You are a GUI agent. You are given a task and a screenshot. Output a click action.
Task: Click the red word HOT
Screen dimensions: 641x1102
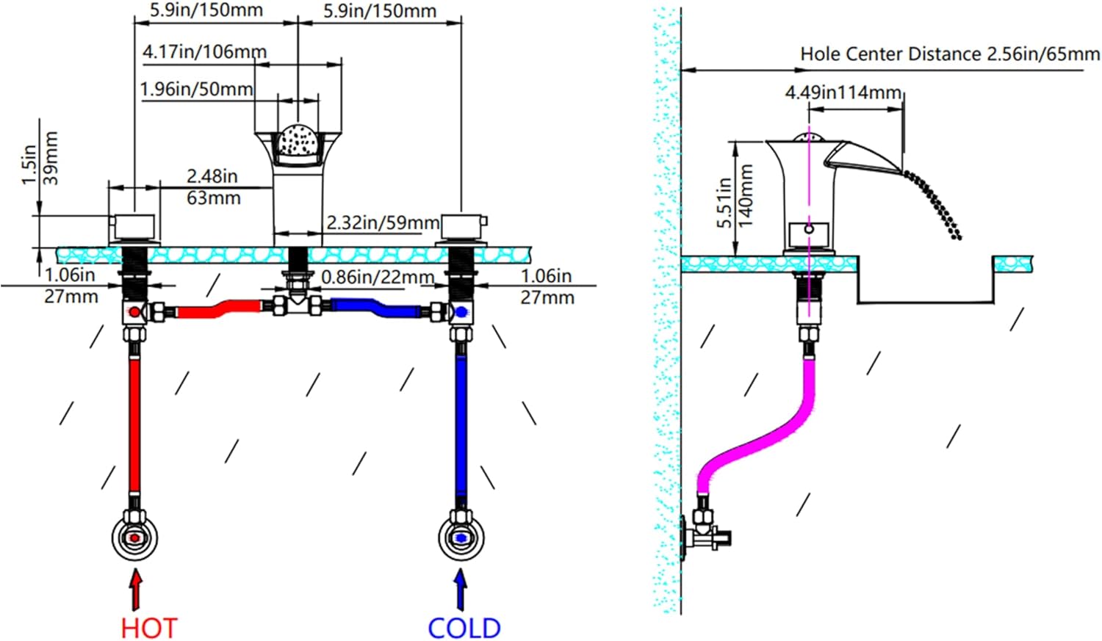(x=149, y=629)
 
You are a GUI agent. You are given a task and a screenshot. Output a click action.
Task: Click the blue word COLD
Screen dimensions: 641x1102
(x=464, y=629)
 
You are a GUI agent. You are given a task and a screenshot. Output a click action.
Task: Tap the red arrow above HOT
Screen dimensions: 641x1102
(x=136, y=590)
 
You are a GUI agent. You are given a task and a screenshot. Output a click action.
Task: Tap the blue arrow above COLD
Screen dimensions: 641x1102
(x=461, y=590)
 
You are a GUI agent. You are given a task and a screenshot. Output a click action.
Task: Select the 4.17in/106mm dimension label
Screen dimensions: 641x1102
(x=204, y=52)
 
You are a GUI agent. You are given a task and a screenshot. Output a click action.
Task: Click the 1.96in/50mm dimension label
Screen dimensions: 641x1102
(x=196, y=90)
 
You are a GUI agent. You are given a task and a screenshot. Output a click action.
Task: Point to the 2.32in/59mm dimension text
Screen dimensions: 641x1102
(x=383, y=222)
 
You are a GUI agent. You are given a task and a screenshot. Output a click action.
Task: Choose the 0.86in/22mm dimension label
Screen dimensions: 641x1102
(x=378, y=278)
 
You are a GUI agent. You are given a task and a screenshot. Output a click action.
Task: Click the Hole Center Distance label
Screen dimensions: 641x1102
(x=949, y=54)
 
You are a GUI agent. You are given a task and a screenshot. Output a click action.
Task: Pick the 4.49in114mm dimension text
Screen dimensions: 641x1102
(x=843, y=93)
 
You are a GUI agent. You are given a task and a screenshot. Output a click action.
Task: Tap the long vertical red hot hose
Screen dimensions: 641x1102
(x=134, y=426)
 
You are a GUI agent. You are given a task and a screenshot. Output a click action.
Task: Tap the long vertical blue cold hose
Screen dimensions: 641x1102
(x=461, y=426)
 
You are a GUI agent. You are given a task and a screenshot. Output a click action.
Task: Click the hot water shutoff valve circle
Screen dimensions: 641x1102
(x=135, y=537)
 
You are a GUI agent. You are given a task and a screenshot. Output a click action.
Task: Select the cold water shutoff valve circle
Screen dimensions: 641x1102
(x=461, y=537)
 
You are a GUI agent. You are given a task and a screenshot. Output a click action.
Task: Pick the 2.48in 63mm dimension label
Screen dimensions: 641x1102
(x=213, y=186)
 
